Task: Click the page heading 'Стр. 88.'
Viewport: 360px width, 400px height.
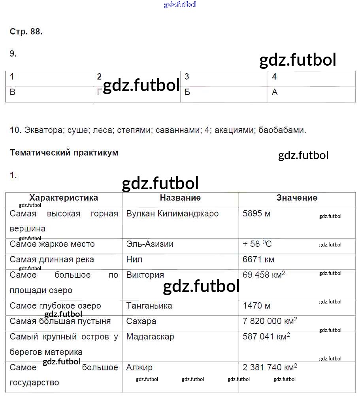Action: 26,32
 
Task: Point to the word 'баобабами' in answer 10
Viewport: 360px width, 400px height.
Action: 282,130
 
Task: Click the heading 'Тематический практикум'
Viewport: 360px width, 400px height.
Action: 64,153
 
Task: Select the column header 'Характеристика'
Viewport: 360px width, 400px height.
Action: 64,198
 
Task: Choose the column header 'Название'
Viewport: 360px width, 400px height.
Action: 180,198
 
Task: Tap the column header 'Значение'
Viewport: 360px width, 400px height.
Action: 297,198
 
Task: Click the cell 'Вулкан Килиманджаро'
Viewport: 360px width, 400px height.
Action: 172,214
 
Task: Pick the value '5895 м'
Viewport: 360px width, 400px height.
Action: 256,214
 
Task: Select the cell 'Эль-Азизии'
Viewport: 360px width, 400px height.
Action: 150,244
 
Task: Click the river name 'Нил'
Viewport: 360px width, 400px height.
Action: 134,260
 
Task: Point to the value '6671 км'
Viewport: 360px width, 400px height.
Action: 258,260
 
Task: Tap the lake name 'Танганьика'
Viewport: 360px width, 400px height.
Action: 149,306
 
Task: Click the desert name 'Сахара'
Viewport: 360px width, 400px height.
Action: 141,321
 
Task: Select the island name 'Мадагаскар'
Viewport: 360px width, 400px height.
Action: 150,337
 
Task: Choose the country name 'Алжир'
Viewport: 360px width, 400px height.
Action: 139,368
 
